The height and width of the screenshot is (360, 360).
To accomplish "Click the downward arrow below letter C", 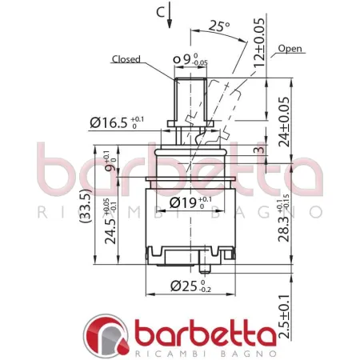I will coord(170,18).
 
